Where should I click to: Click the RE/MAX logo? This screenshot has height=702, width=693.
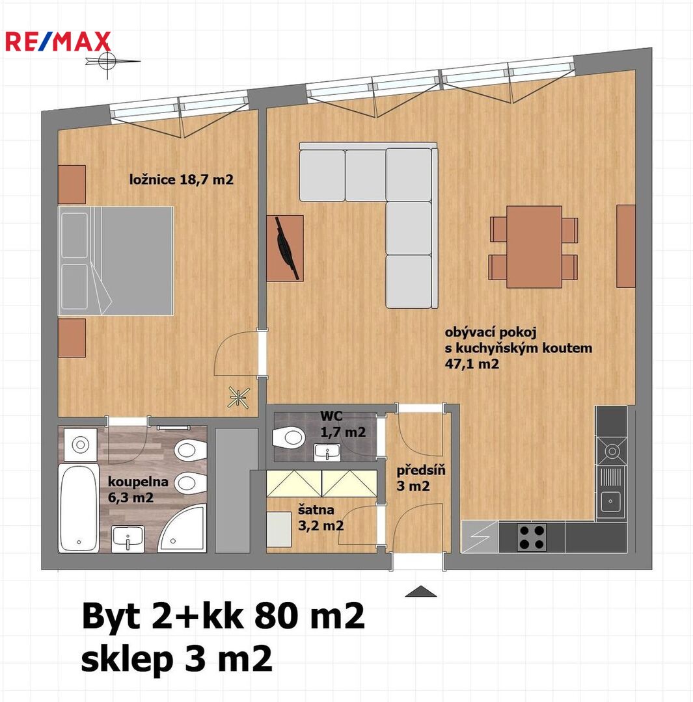point(58,41)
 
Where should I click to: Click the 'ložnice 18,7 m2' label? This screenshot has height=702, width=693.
point(181,180)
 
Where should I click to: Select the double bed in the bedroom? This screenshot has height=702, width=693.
point(116,261)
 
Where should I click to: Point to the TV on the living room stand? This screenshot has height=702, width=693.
point(287,248)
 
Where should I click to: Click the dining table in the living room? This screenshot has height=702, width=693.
point(534,247)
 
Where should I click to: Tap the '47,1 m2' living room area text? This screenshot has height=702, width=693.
point(472,364)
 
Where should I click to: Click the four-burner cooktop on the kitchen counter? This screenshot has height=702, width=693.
point(532,538)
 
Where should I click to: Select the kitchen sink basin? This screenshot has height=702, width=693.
point(610,501)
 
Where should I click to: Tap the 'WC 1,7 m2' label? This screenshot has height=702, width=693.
point(343,424)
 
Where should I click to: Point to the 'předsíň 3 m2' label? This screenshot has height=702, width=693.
point(420,478)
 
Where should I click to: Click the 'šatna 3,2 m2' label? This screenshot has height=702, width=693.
point(321,517)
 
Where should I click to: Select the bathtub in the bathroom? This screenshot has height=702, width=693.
point(79,508)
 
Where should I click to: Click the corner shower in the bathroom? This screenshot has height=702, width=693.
point(185,528)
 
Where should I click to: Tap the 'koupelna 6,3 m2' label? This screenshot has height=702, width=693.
point(138,489)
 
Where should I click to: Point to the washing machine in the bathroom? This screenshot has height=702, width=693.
point(80,445)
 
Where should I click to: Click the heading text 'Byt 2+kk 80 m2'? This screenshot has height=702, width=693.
point(223,616)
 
